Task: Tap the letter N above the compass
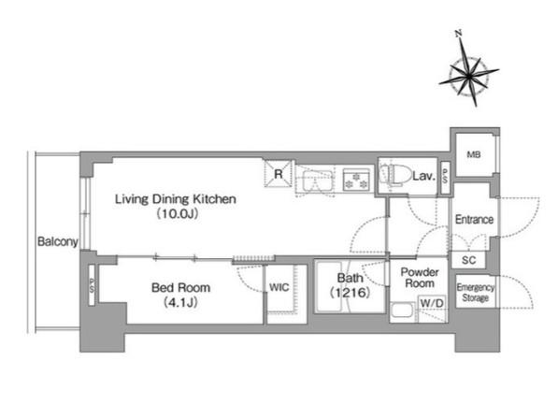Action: tap(459, 34)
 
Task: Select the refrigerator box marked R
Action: tap(278, 173)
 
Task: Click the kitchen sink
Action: tap(318, 181)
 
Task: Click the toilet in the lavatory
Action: tap(393, 174)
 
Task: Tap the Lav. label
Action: tap(423, 176)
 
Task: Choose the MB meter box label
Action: tap(474, 154)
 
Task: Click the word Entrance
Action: tap(475, 219)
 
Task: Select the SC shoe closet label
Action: tap(468, 260)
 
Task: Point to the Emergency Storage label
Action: tap(476, 292)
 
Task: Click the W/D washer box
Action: tap(432, 303)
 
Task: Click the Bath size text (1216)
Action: tap(351, 293)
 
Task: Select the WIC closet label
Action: tap(279, 287)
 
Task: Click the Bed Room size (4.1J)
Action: tap(180, 303)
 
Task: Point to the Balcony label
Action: tap(58, 241)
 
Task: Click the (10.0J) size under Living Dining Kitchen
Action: tap(177, 213)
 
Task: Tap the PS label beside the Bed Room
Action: tap(92, 285)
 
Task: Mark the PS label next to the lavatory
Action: tap(445, 177)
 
